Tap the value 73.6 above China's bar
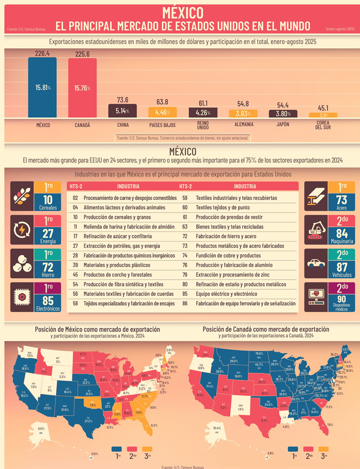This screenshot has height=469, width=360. (x=122, y=100)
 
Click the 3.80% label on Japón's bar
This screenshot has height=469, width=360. (x=283, y=114)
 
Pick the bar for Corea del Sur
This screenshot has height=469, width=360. (x=323, y=115)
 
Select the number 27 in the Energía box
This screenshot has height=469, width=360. (x=49, y=233)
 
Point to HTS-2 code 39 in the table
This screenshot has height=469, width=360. (x=75, y=265)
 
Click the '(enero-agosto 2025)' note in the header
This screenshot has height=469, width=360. (x=340, y=30)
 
